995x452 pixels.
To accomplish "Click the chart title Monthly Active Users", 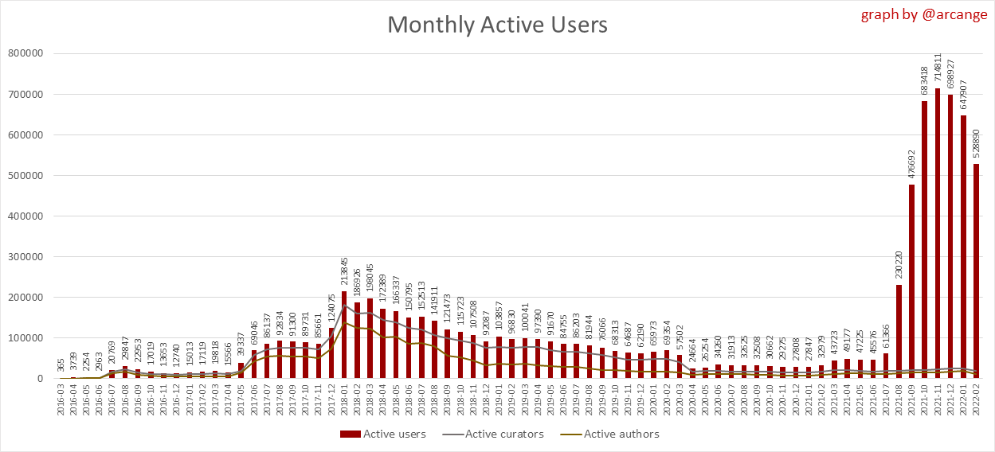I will coord(497,25).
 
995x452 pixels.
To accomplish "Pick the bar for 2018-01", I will coord(344,335).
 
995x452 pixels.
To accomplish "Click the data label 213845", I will coord(344,271).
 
